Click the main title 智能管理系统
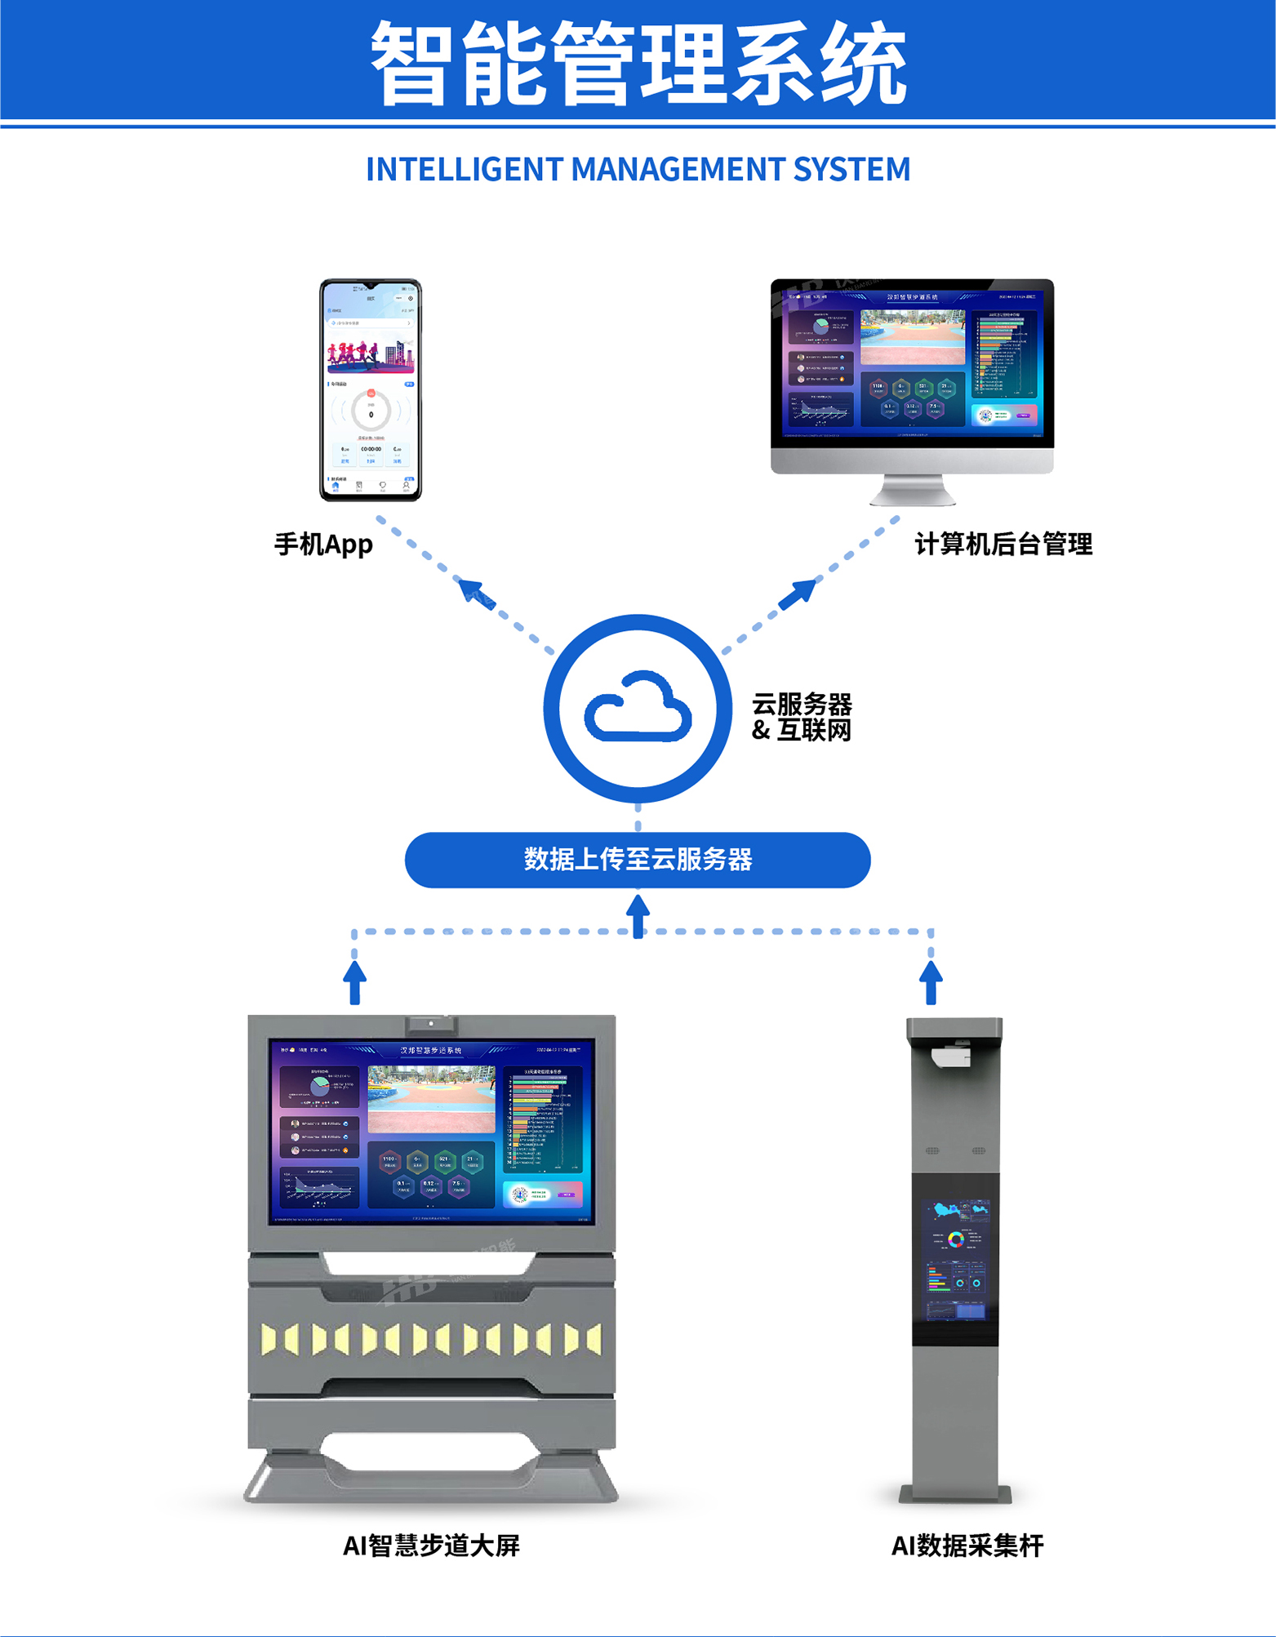tap(638, 64)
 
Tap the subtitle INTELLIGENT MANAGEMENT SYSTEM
tap(638, 169)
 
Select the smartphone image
tap(371, 389)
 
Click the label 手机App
tap(323, 544)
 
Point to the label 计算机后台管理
tap(1003, 544)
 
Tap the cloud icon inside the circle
tap(638, 708)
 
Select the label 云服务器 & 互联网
tap(802, 717)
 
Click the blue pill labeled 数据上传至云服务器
tap(638, 860)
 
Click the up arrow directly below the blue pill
tap(638, 913)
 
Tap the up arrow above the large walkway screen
tap(354, 980)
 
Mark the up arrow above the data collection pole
tap(931, 980)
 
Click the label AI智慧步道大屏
tap(431, 1546)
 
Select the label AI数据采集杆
tap(967, 1546)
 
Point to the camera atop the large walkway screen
tap(431, 1024)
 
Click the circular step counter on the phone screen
tap(371, 413)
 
